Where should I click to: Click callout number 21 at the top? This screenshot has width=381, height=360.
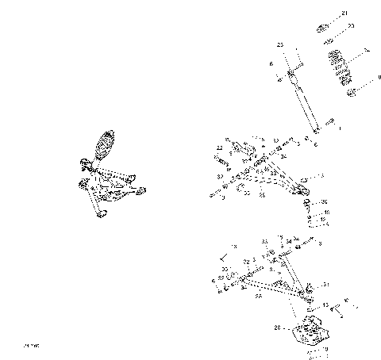[x=344, y=13]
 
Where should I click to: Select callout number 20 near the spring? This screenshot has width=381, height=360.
[x=352, y=26]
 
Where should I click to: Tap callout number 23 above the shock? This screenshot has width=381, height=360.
[x=280, y=44]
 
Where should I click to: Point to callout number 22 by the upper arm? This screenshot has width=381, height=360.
[x=219, y=148]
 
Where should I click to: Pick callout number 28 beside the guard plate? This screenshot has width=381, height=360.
[x=277, y=327]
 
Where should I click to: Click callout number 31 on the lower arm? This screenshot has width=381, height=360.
[x=324, y=285]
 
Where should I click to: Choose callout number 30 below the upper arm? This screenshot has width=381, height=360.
[x=324, y=203]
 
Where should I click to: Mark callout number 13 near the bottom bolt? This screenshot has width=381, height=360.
[x=325, y=304]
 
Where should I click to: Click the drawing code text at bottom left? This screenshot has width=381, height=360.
[x=32, y=346]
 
